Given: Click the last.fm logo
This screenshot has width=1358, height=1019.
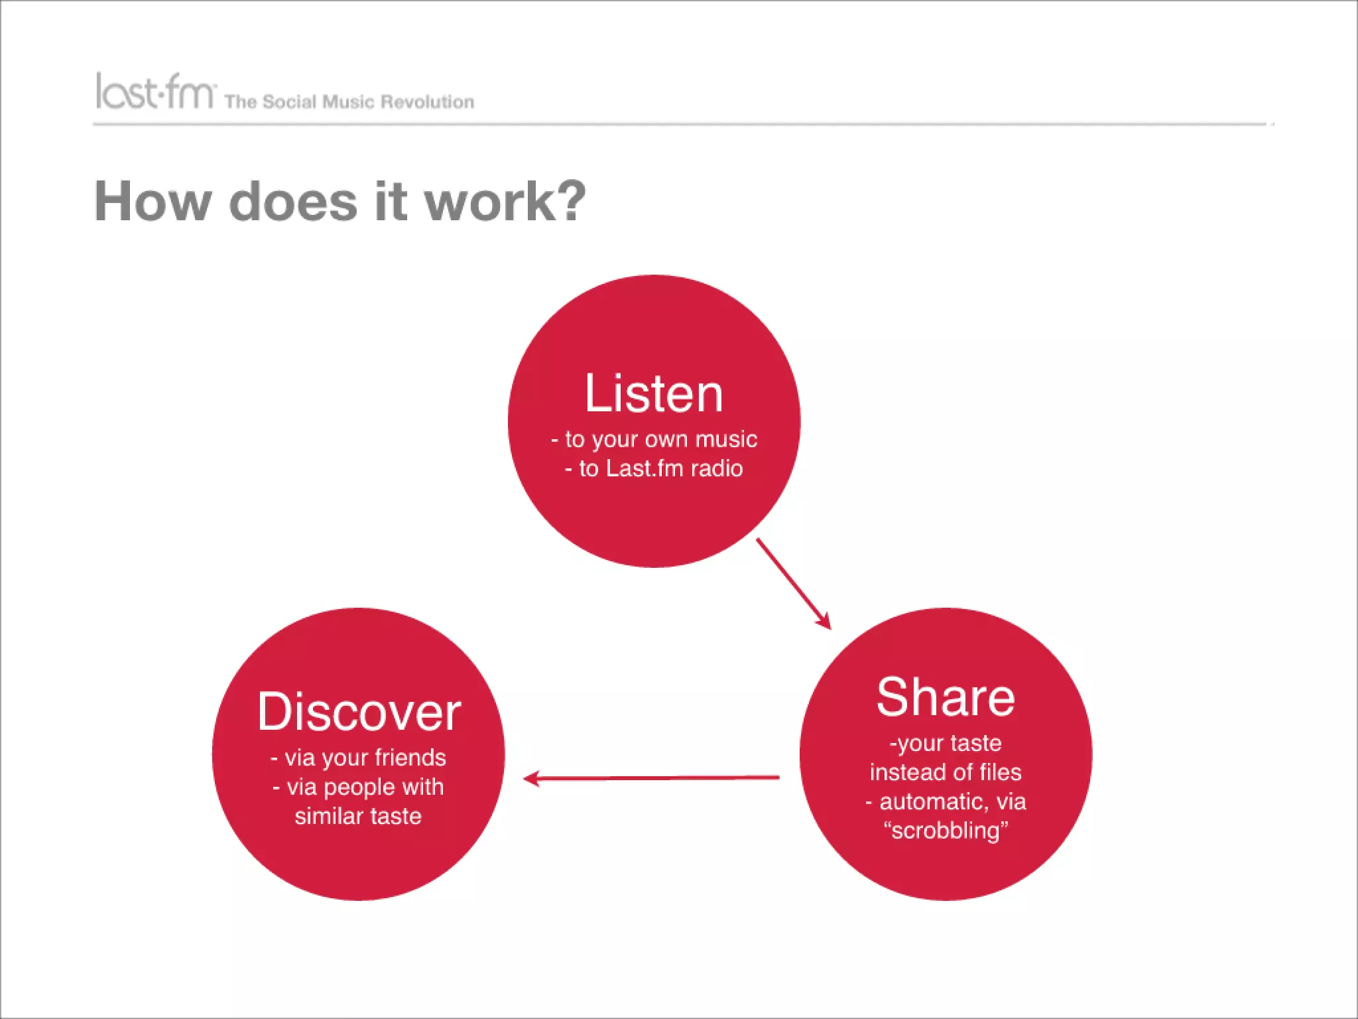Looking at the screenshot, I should tap(155, 92).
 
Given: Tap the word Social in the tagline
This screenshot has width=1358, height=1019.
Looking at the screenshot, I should tap(289, 102).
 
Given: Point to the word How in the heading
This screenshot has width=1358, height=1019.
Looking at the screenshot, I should tap(153, 202).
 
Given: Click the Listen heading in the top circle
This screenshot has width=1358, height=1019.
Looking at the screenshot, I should tap(653, 393).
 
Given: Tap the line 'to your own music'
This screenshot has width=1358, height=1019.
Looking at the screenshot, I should tap(660, 439).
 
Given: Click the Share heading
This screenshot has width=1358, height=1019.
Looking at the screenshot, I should tap(945, 697).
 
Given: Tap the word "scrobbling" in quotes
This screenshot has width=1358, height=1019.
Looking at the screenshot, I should tap(946, 831).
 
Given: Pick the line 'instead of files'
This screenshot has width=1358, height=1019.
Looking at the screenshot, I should tap(946, 772).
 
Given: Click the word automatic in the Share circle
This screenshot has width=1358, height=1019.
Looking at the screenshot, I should tap(933, 801).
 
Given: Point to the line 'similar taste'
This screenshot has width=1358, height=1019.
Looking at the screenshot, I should tap(358, 816).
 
